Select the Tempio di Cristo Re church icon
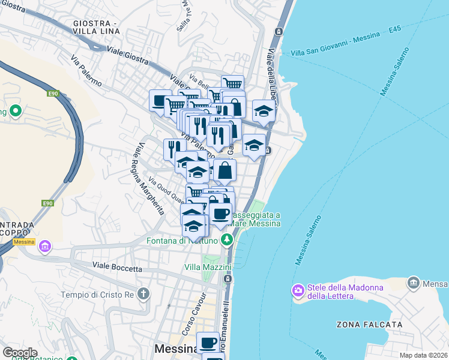click(142, 294)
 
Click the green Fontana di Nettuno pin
click(226, 241)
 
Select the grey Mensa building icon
click(412, 282)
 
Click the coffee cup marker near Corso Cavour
click(208, 343)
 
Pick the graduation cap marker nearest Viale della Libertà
click(263, 110)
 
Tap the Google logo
click(20, 352)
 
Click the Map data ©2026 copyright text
click(424, 355)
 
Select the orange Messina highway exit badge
click(24, 242)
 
